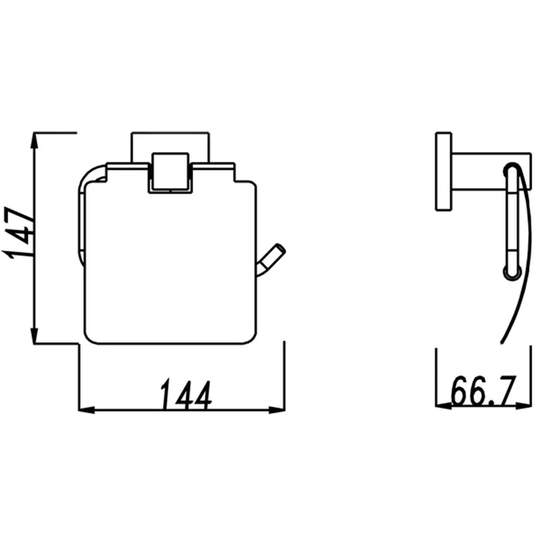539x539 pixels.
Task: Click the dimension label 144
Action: pyautogui.click(x=186, y=394)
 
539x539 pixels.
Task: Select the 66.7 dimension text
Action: pyautogui.click(x=483, y=391)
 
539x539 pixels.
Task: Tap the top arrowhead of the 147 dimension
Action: pyautogui.click(x=34, y=141)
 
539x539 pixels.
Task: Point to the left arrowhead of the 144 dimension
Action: pyautogui.click(x=87, y=410)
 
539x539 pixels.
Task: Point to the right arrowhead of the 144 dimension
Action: pyautogui.click(x=277, y=410)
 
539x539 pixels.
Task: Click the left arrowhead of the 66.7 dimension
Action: pyautogui.click(x=443, y=406)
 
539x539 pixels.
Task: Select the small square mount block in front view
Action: pyautogui.click(x=170, y=171)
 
